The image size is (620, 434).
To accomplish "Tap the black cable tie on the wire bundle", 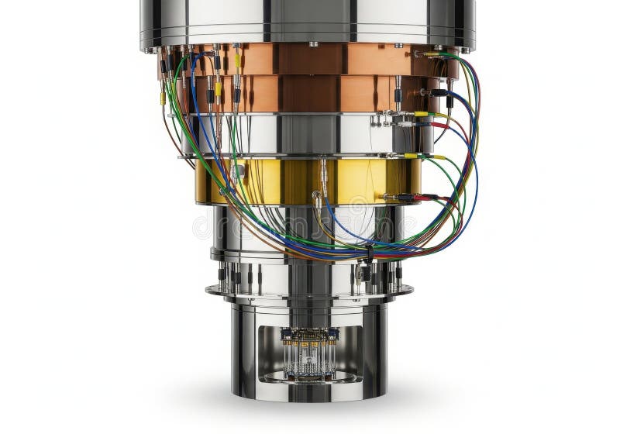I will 370,252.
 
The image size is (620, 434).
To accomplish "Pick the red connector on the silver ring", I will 438,124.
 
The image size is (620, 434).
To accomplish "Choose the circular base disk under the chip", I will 310,377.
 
